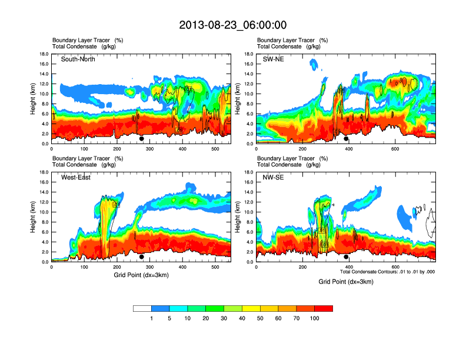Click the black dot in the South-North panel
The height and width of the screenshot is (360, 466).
tap(142, 139)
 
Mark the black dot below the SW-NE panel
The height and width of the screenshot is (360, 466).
tap(347, 139)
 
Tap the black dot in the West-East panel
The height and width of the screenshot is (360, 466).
tap(142, 257)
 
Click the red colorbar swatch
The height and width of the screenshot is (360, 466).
tap(324, 308)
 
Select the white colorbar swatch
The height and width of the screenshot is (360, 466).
tap(142, 308)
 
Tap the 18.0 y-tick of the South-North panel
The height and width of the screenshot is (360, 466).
tap(44, 54)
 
